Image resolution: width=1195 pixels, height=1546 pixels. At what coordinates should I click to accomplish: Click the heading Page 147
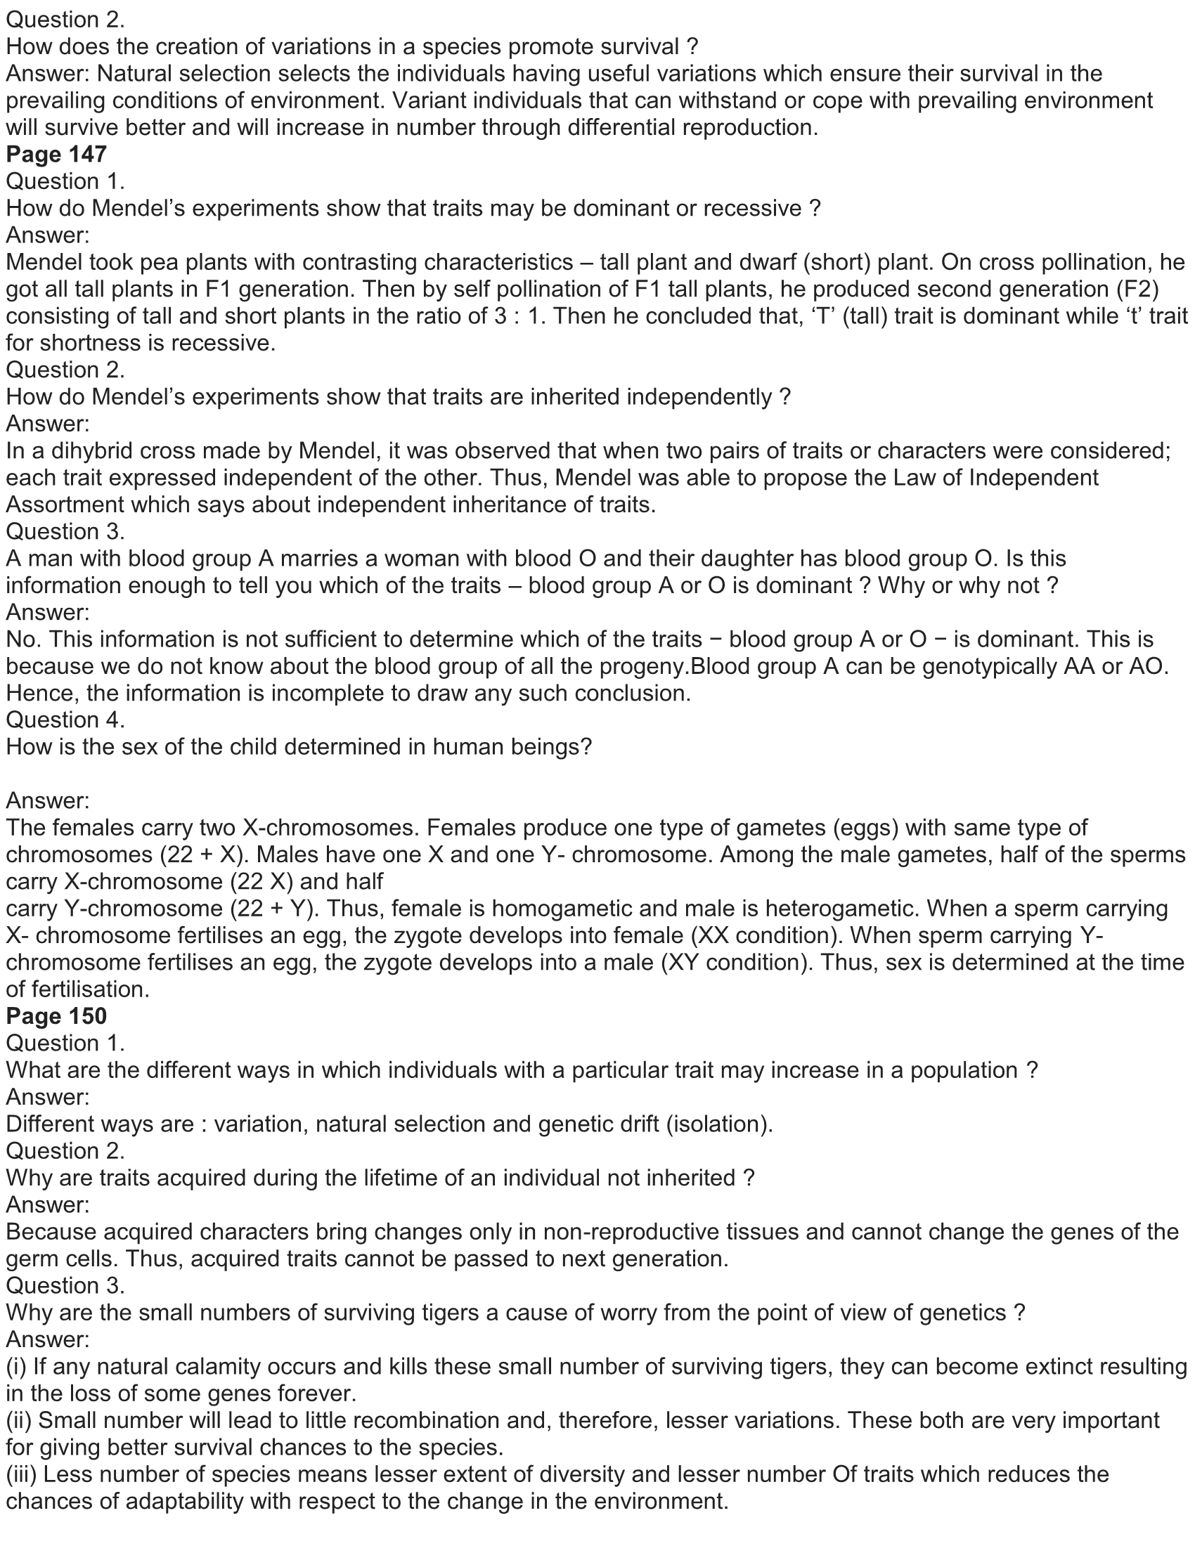pos(57,155)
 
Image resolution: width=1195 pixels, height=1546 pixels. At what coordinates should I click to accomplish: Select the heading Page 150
pos(57,1016)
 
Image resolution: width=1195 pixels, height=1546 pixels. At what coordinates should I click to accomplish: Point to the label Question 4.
pos(66,720)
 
